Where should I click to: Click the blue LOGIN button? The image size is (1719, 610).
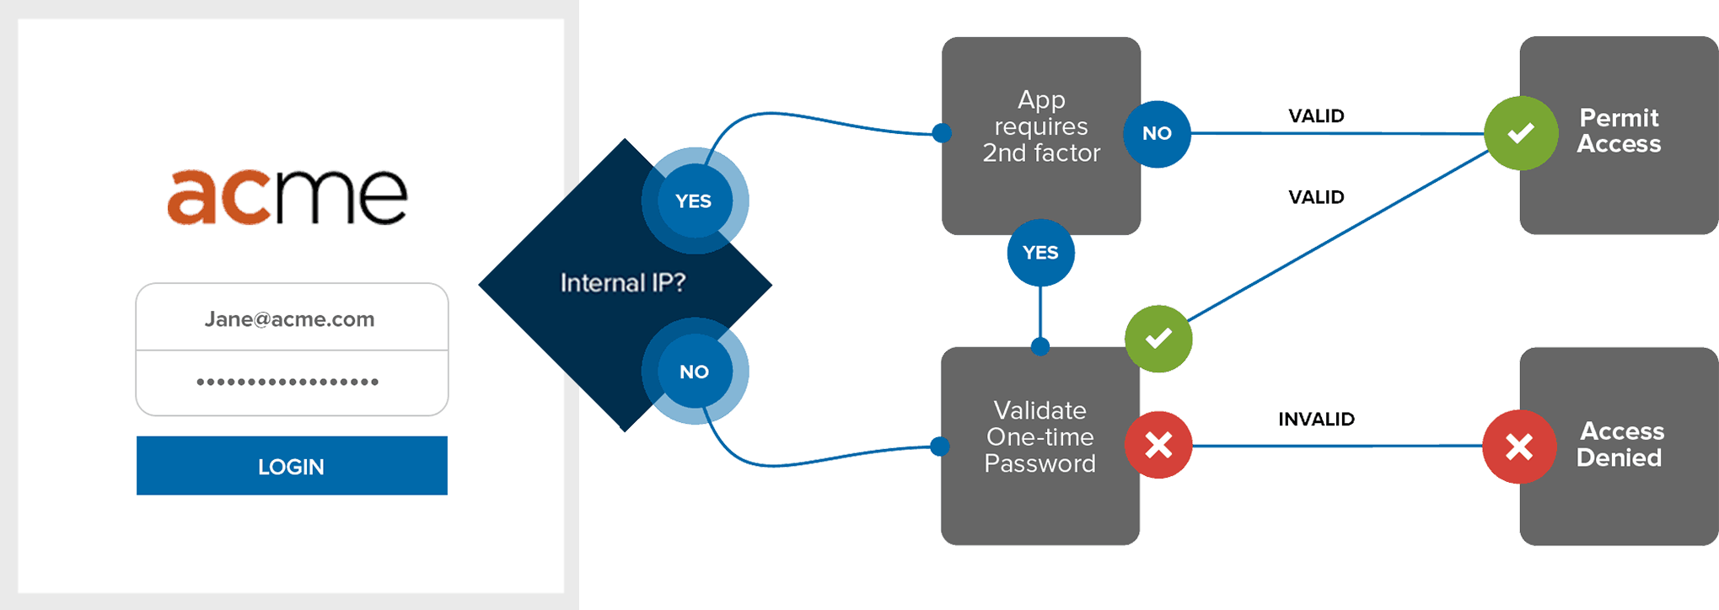coord(292,466)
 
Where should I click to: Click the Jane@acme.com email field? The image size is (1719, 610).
coord(291,318)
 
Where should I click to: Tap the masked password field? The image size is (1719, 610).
coord(291,383)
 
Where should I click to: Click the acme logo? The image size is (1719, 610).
coord(287,196)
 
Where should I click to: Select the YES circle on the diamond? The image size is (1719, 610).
coord(694,201)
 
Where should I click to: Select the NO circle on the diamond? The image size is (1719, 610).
coord(694,372)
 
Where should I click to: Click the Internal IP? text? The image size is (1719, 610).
coord(622,283)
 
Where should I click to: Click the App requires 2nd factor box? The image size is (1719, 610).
coord(1040,126)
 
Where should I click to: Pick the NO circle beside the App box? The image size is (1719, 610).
coord(1157,134)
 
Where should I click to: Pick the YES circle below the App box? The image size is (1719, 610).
coord(1040,253)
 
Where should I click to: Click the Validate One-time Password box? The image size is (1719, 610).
coord(1039,437)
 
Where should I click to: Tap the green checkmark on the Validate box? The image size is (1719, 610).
coord(1158,339)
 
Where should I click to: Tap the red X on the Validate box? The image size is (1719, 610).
coord(1158,445)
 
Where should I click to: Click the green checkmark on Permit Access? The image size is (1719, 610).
coord(1521,133)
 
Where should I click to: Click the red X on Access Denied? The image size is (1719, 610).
coord(1519,447)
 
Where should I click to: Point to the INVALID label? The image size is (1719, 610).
coord(1316,420)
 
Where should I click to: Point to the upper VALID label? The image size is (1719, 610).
coord(1316,116)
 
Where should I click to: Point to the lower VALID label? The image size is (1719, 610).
coord(1316,197)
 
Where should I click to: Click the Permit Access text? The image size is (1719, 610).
coord(1619,131)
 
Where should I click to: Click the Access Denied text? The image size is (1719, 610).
coord(1620,444)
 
